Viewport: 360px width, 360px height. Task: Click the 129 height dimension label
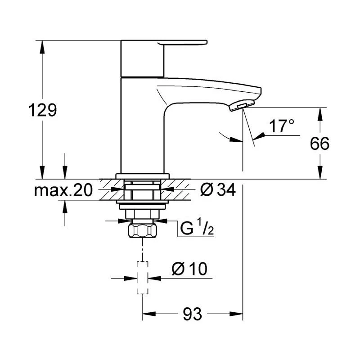(x=42, y=110)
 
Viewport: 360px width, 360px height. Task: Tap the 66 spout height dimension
(x=319, y=144)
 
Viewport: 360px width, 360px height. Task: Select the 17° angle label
(x=282, y=126)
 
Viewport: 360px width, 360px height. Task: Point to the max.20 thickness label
(x=63, y=190)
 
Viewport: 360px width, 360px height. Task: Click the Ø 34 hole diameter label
(x=218, y=190)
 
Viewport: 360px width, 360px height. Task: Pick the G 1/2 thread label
(x=197, y=227)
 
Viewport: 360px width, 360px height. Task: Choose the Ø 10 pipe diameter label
(x=189, y=268)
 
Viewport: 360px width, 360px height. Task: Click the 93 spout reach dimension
(x=193, y=314)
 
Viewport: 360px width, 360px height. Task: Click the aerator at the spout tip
(x=242, y=105)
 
